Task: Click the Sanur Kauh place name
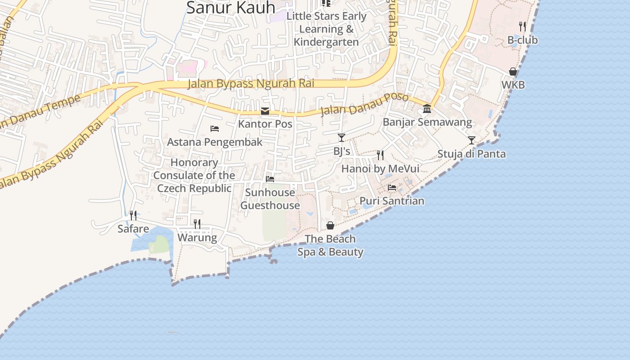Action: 230,7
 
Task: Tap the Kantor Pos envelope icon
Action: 265,111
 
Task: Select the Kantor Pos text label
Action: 265,124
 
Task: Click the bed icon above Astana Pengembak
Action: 215,129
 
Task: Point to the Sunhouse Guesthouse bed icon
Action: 270,179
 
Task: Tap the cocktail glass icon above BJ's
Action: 342,138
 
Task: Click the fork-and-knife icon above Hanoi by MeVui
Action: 380,155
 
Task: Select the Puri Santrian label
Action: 392,201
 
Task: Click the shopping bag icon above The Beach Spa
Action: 330,225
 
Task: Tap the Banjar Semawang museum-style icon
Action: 427,109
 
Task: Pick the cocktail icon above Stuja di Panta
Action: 471,140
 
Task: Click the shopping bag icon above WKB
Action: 513,72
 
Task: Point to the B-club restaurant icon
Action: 522,27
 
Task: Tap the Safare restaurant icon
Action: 133,216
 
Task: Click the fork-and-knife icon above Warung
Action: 197,224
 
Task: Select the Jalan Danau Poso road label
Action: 364,105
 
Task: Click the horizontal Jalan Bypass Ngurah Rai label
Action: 251,84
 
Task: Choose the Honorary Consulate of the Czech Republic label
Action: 194,175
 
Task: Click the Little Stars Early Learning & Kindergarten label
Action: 327,29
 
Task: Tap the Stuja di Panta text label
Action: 472,154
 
